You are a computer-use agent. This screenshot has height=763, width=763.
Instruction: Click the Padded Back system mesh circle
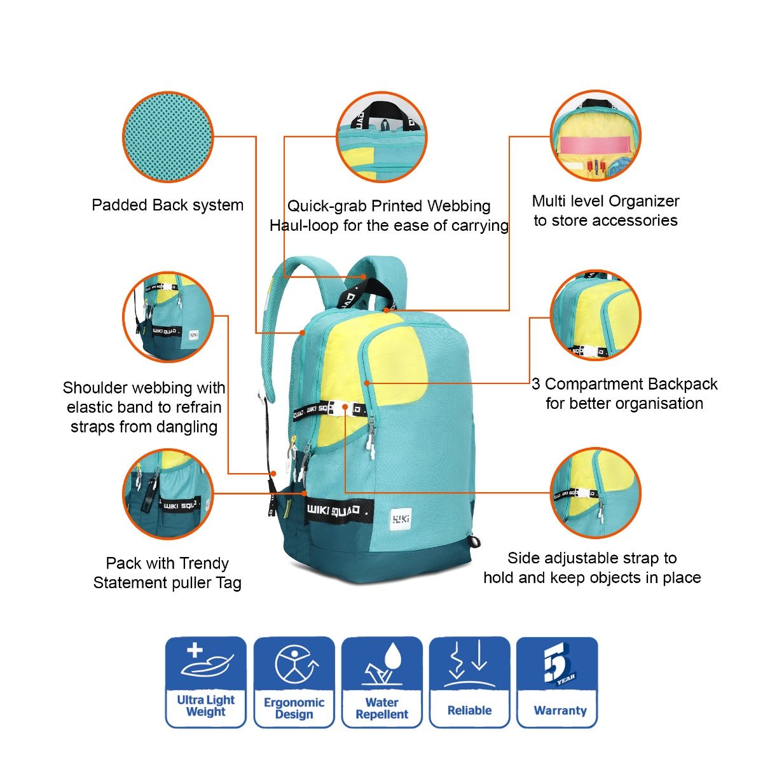(x=168, y=137)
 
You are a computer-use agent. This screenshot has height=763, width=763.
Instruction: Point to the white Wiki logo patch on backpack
(x=401, y=519)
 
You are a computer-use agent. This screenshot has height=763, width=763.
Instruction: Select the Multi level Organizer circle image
(x=596, y=135)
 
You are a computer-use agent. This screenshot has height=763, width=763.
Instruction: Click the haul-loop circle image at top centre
(x=381, y=137)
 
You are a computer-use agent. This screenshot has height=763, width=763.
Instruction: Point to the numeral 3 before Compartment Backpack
(x=536, y=383)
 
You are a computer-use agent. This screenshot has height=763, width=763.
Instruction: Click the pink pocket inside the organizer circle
(x=596, y=145)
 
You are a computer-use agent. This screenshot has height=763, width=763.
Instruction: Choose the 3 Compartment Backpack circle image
(x=596, y=315)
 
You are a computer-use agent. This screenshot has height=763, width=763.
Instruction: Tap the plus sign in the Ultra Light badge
(x=195, y=650)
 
